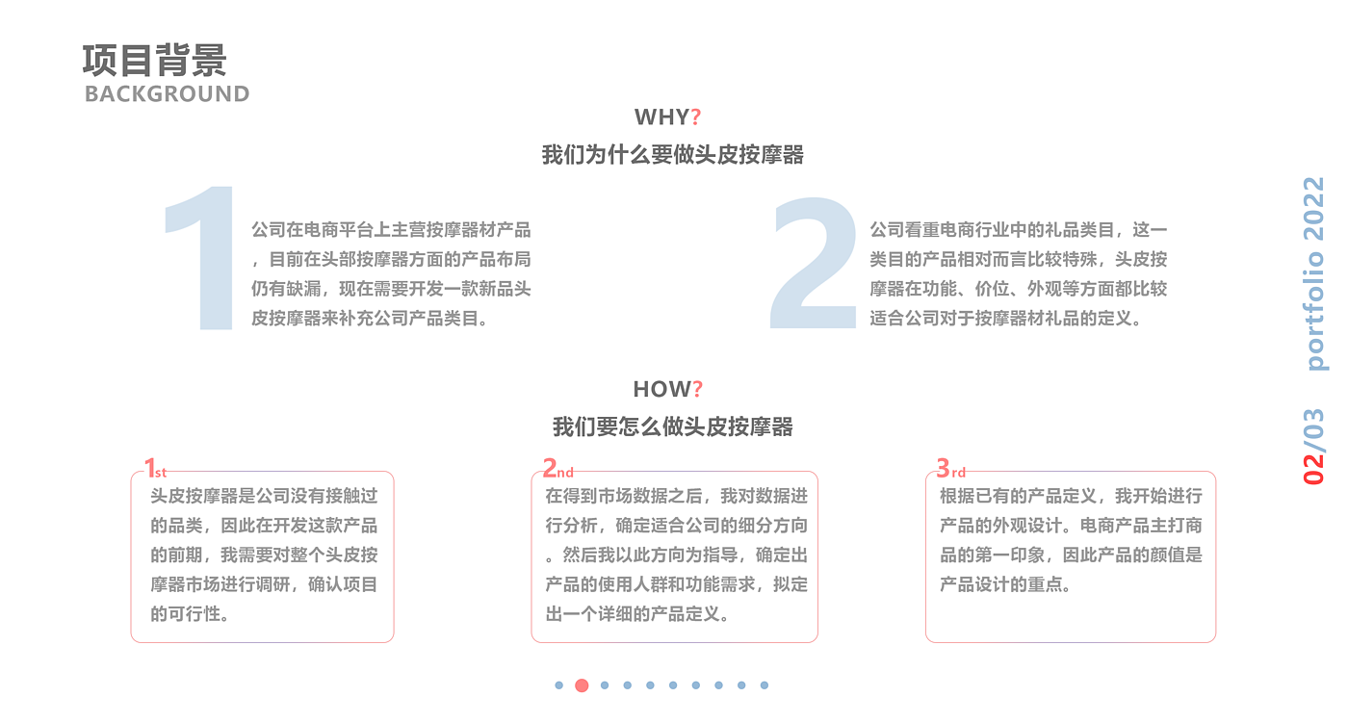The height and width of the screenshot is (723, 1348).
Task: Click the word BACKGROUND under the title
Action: pyautogui.click(x=167, y=93)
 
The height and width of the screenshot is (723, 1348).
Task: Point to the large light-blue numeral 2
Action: pyautogui.click(x=815, y=262)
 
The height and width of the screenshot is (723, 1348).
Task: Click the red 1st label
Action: pyautogui.click(x=155, y=469)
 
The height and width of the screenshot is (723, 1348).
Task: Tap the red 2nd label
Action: pyautogui.click(x=557, y=469)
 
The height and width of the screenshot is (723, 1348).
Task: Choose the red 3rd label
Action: pyautogui.click(x=950, y=469)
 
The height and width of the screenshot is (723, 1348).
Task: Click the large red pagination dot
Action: pyautogui.click(x=582, y=685)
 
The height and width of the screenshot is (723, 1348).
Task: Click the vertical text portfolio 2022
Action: pyautogui.click(x=1314, y=273)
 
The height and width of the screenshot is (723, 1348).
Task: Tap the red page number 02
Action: pyautogui.click(x=1314, y=466)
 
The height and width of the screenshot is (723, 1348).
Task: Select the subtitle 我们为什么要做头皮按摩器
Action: pyautogui.click(x=672, y=155)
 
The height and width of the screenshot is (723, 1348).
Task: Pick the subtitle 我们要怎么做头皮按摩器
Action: pyautogui.click(x=672, y=427)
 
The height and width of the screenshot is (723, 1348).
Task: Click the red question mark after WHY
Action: pyautogui.click(x=696, y=117)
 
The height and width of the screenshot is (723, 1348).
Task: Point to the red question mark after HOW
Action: pyautogui.click(x=698, y=389)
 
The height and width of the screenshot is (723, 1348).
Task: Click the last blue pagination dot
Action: pyautogui.click(x=765, y=685)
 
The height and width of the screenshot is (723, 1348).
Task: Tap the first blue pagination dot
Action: pyautogui.click(x=558, y=685)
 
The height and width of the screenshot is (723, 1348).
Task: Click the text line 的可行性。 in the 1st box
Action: pyautogui.click(x=190, y=613)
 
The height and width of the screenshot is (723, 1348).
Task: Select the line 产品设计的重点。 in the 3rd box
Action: pyautogui.click(x=1005, y=584)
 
